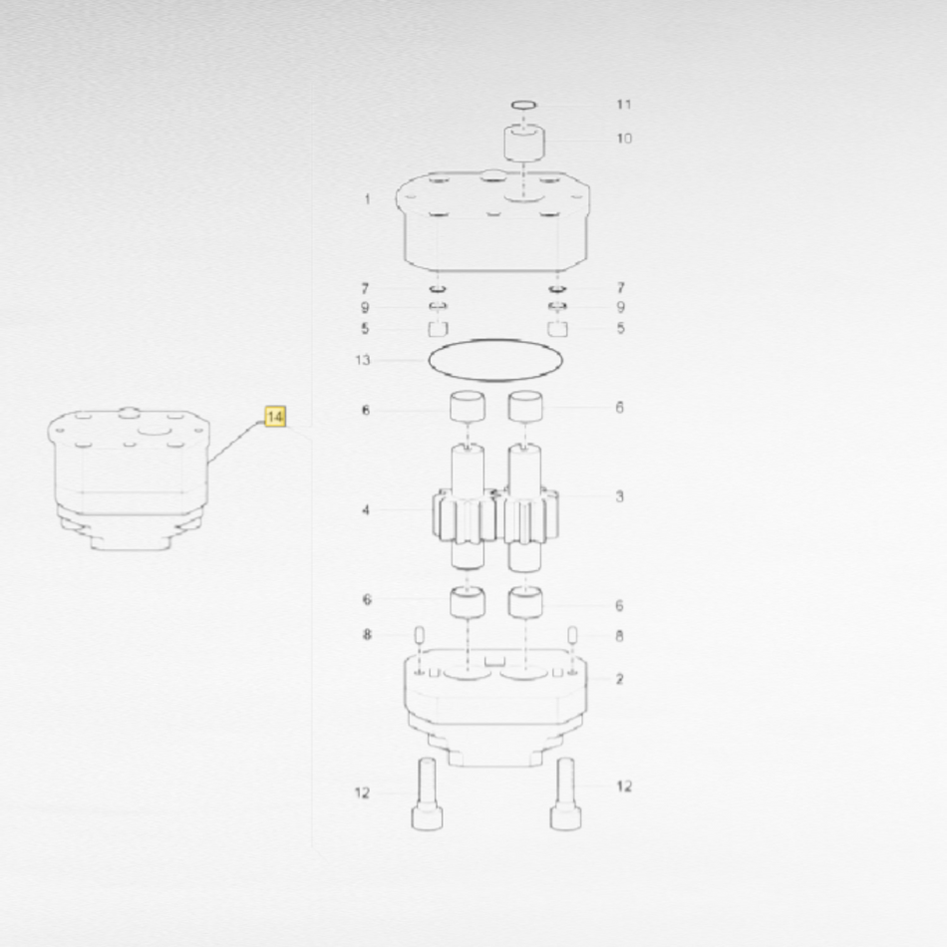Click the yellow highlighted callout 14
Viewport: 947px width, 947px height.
coord(275,417)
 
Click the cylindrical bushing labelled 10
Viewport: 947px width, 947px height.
coord(524,144)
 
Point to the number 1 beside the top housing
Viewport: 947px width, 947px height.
coord(367,198)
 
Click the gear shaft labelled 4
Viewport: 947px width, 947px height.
coord(467,507)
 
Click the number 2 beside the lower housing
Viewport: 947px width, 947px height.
coord(620,679)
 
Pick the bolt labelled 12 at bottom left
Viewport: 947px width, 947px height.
coord(427,793)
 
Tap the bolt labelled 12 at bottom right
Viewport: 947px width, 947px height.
coord(566,793)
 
